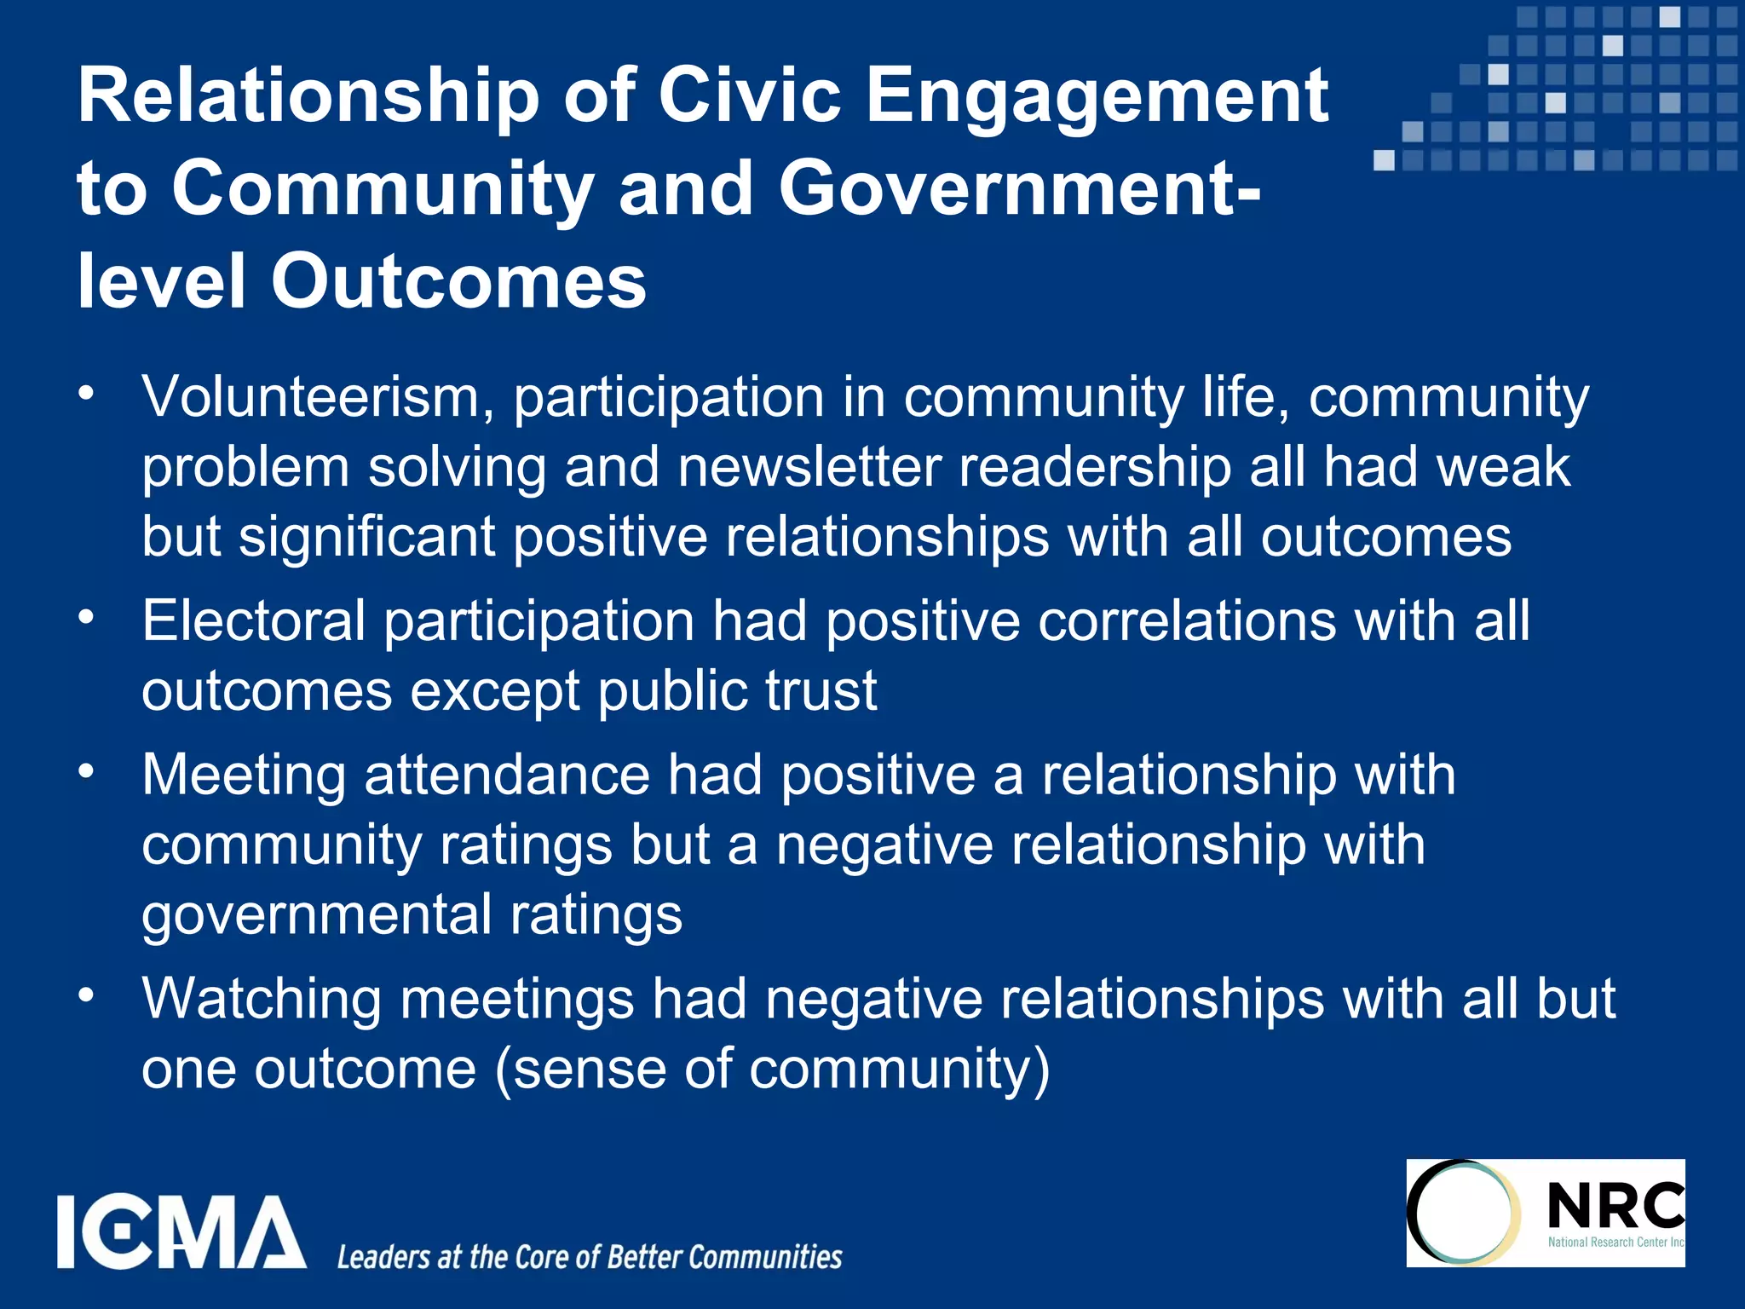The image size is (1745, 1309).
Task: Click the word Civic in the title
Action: click(751, 95)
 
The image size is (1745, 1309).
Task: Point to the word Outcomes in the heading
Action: click(458, 281)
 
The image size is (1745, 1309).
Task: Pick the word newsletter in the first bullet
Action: click(809, 467)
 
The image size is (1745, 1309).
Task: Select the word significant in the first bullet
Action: click(367, 538)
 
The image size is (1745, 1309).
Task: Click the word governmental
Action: click(316, 915)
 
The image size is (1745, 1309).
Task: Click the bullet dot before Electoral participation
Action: click(85, 615)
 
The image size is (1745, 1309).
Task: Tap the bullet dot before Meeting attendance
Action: click(85, 770)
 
